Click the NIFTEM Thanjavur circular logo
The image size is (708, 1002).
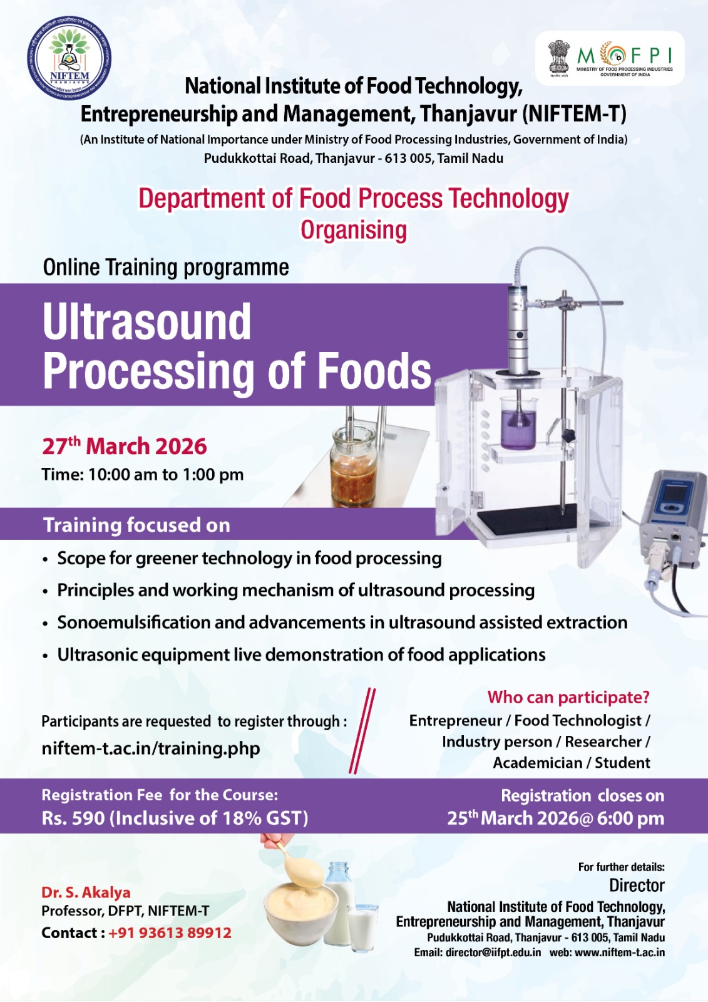click(x=69, y=58)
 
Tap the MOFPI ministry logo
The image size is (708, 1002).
click(x=610, y=58)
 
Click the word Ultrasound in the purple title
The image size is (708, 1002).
click(x=146, y=322)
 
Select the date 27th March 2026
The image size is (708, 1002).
click(x=125, y=446)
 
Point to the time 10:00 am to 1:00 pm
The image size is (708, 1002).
click(x=143, y=474)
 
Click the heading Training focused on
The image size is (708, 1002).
click(x=136, y=525)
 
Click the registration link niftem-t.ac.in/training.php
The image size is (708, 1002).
click(x=151, y=748)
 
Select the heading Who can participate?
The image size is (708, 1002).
click(x=568, y=696)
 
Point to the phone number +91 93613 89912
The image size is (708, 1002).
click(x=170, y=932)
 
